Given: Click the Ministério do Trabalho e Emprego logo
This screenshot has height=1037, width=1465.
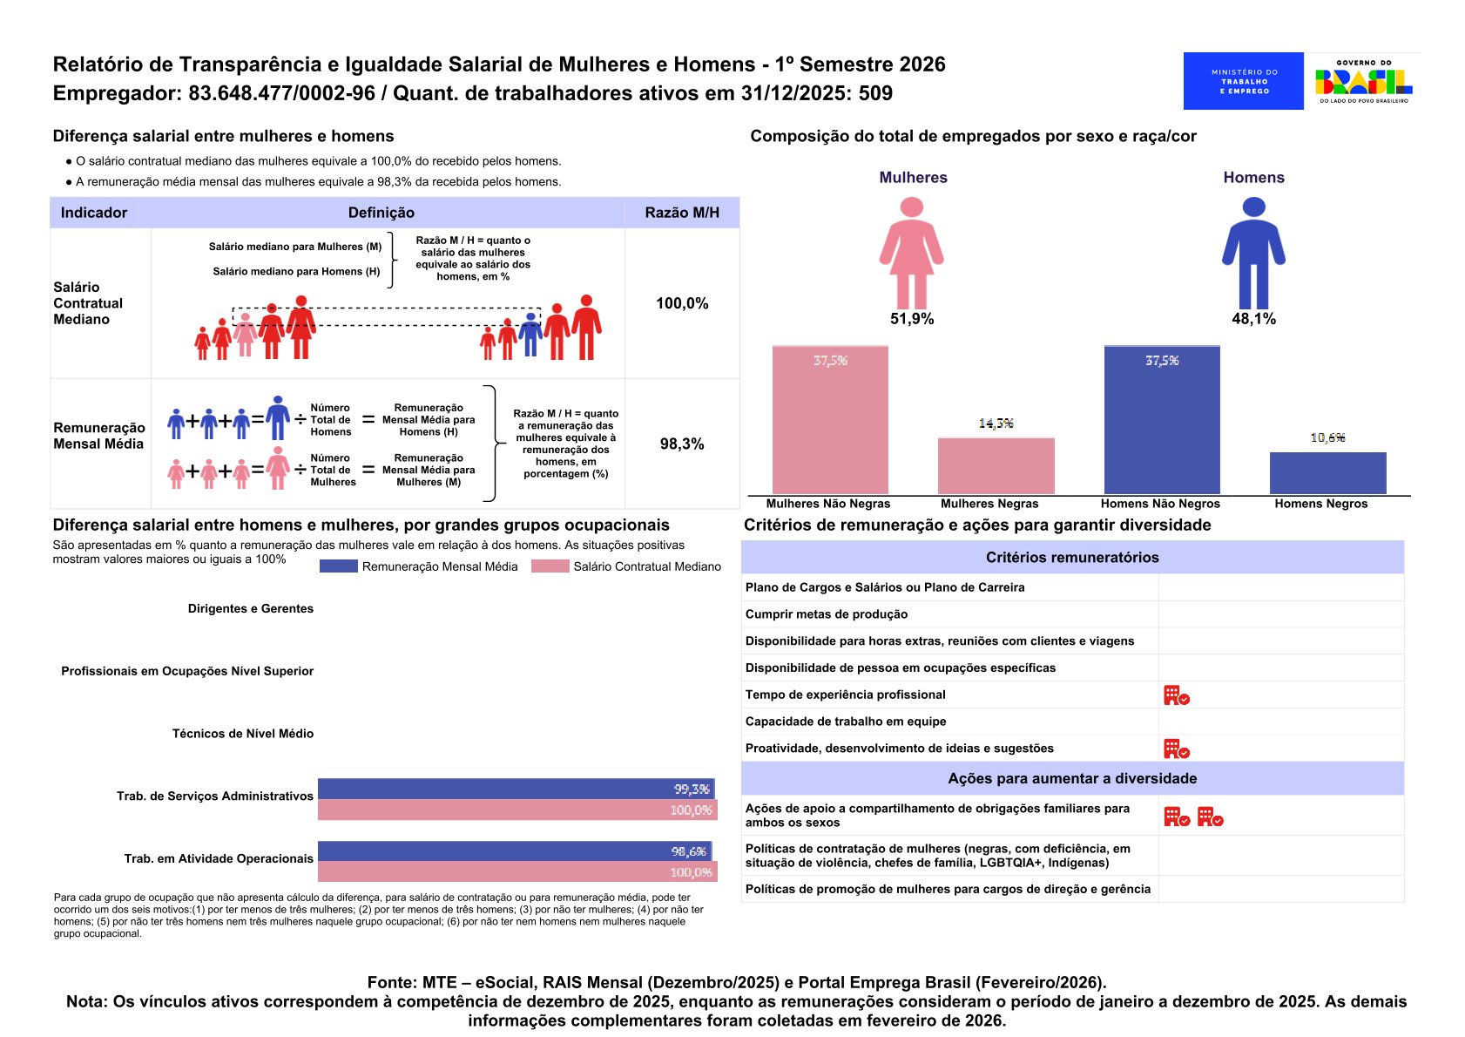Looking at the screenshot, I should (1243, 81).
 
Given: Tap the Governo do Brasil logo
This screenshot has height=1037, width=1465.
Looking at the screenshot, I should (1363, 81).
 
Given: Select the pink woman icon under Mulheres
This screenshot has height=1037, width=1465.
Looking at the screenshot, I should (911, 252).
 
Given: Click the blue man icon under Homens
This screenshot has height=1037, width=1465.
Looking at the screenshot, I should (1253, 252).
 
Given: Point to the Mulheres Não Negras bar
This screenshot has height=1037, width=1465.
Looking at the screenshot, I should (830, 420).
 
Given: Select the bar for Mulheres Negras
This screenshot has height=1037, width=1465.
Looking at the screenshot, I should (996, 465).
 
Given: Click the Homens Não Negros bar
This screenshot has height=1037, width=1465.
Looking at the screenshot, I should (1162, 420).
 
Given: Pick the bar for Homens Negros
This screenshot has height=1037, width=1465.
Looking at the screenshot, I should (1327, 472).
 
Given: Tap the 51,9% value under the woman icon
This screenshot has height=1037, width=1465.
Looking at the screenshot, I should (912, 319).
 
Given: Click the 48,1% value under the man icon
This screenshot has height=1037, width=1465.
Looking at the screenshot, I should (1253, 319).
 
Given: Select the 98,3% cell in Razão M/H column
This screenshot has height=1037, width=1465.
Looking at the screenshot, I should (682, 444).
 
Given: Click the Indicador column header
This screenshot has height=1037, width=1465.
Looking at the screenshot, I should (94, 213).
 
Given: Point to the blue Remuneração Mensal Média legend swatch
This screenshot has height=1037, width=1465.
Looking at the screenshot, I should (338, 566).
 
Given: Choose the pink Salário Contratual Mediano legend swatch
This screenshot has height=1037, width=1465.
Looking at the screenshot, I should (550, 566).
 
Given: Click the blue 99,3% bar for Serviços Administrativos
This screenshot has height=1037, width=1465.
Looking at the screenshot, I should (516, 789).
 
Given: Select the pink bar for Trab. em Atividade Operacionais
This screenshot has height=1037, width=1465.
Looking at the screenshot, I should (517, 871).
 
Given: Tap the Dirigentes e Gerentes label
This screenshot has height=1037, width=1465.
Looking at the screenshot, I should (251, 608).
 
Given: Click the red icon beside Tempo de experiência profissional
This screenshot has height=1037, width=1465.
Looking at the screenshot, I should (1176, 695).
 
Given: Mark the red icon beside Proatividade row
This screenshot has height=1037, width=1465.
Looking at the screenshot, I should (1176, 749).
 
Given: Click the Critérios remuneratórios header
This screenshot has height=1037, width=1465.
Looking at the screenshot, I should (1072, 558).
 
